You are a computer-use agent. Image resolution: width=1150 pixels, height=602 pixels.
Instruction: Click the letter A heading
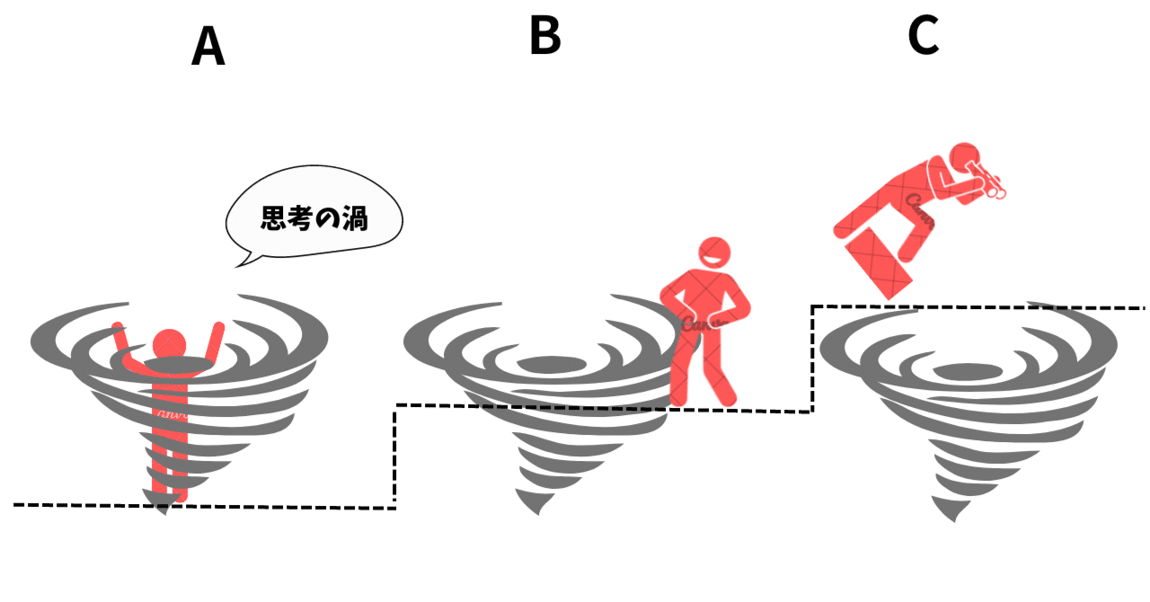click(x=208, y=47)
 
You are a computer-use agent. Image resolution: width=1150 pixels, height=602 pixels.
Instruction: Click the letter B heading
click(x=544, y=36)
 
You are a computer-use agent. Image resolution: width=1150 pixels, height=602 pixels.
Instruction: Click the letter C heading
click(x=924, y=36)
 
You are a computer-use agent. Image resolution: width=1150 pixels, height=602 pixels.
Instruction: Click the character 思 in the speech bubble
click(x=273, y=219)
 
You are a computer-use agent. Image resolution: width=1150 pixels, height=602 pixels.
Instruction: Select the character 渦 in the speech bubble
click(x=355, y=219)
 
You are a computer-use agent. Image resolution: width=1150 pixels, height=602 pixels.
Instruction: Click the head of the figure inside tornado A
click(x=168, y=343)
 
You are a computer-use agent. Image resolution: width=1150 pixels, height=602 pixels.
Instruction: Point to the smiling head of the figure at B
click(x=715, y=255)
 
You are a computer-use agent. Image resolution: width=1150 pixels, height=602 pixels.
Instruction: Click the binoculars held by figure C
click(x=990, y=181)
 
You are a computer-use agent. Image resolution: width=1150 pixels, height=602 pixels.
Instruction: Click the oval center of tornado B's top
click(x=540, y=364)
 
